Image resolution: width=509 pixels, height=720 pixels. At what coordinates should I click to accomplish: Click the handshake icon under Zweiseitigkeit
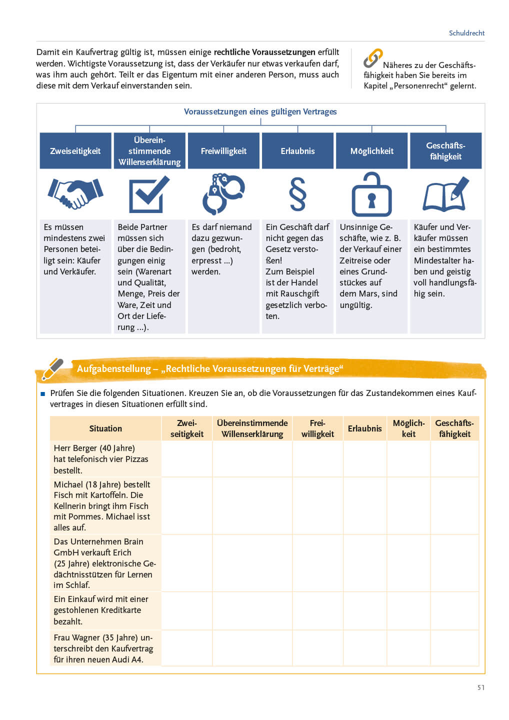[x=75, y=193]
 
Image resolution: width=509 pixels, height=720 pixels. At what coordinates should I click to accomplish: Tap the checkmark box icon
[x=149, y=194]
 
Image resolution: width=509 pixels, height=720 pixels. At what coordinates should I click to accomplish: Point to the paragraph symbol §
[x=297, y=194]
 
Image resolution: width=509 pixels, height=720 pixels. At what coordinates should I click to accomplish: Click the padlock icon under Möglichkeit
[x=371, y=194]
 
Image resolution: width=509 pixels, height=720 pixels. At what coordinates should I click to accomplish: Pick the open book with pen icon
[x=445, y=194]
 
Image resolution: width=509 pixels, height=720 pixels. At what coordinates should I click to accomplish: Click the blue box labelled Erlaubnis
[x=297, y=151]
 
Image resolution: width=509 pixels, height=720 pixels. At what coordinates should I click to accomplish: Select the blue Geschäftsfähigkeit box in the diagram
[x=445, y=151]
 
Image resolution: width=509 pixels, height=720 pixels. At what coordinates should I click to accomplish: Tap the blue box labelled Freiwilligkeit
[x=223, y=151]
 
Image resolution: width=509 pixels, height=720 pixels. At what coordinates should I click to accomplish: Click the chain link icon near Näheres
[x=372, y=58]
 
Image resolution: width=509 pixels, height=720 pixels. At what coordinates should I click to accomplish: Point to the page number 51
[x=480, y=687]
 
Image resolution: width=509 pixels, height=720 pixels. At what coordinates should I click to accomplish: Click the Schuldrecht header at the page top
[x=466, y=33]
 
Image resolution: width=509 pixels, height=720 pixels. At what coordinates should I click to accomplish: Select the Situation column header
[x=105, y=428]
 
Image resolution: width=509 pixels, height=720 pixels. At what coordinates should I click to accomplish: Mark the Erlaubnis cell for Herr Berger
[x=365, y=459]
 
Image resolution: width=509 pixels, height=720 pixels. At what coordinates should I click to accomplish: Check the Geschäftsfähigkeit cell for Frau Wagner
[x=454, y=648]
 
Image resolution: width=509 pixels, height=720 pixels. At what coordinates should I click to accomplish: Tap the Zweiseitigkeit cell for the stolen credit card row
[x=187, y=610]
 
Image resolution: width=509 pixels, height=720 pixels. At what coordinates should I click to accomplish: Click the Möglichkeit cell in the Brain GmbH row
[x=408, y=563]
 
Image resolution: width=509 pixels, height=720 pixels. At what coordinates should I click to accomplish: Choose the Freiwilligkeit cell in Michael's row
[x=317, y=505]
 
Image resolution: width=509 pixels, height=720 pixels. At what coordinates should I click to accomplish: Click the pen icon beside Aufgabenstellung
[x=52, y=369]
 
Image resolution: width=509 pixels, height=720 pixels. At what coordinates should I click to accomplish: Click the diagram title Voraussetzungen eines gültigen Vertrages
[x=260, y=111]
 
